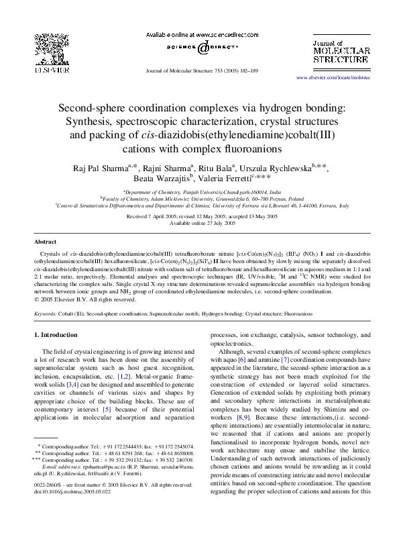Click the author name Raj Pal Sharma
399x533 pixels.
coord(119,167)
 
